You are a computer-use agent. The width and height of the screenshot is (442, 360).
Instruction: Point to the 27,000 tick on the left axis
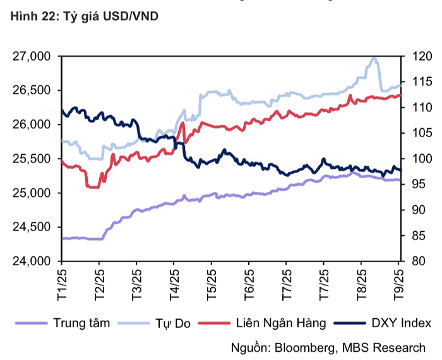(x=32, y=57)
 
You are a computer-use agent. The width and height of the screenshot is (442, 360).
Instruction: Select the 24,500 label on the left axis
(x=32, y=227)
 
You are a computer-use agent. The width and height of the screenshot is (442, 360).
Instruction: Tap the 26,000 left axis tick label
(x=32, y=125)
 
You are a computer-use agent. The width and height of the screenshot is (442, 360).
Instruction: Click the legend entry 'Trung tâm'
(x=81, y=323)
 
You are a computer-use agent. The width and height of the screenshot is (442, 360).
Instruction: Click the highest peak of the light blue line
(x=374, y=58)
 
